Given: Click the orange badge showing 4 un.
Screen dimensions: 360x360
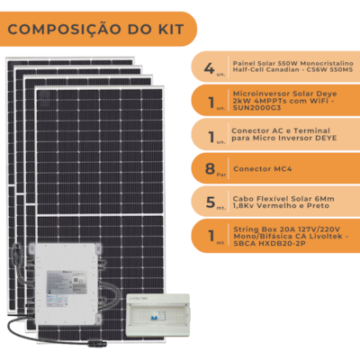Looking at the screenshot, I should pos(209,67).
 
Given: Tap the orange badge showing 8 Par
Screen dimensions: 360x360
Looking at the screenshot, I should pos(209,167).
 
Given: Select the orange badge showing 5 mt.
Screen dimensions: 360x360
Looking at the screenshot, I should pos(209,201).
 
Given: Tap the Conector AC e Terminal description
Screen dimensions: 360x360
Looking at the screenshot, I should pos(278,135).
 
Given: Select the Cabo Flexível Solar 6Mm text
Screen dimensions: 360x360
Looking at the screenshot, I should pos(278,201).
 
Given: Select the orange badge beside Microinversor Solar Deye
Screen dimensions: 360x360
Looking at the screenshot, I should pos(209,101).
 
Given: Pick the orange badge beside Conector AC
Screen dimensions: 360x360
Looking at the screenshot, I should pos(209,135).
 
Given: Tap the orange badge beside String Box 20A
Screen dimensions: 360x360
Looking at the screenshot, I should pos(209,235).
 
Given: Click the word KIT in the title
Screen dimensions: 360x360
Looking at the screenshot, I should pos(167,30).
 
